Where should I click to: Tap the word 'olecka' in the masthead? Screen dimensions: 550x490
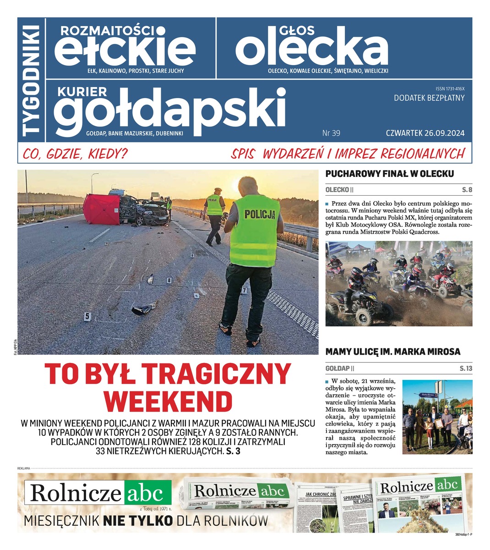311,49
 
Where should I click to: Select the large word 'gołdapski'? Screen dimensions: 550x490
169,110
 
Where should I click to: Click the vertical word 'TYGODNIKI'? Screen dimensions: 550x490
32,80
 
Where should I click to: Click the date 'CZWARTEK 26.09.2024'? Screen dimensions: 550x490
425,133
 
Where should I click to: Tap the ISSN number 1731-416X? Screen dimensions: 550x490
450,88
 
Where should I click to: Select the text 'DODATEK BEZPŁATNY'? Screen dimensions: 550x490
429,98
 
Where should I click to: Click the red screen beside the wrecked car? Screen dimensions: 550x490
101,209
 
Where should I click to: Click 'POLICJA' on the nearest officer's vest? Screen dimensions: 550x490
259,214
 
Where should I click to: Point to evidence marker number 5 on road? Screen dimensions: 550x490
87,316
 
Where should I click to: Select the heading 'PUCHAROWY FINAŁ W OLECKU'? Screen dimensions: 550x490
389,174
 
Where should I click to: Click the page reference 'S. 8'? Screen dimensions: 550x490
467,190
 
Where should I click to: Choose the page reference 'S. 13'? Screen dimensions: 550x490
466,368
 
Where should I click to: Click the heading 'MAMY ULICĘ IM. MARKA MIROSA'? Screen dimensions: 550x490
393,352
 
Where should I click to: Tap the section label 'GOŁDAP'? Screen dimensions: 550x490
338,368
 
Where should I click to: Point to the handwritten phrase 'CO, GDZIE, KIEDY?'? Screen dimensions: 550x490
76,154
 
